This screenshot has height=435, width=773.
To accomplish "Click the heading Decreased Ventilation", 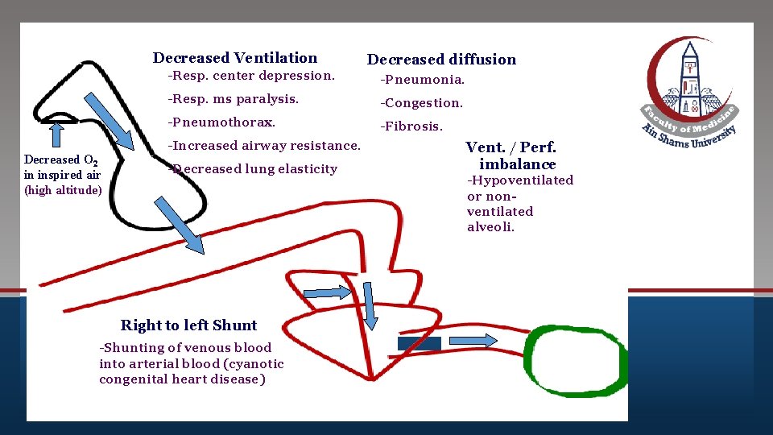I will (235, 57).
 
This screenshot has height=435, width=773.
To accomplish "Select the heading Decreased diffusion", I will (441, 59).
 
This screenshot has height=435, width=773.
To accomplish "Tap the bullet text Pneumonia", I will (423, 80).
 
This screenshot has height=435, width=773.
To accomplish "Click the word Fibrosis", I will (412, 126).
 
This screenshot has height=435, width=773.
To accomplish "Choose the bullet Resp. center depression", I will (250, 76).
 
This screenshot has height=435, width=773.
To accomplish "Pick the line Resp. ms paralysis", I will (233, 99).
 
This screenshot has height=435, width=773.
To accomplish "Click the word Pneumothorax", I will (221, 122).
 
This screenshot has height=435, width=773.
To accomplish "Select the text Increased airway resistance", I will (264, 146).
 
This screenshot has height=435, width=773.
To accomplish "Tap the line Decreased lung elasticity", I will (253, 169).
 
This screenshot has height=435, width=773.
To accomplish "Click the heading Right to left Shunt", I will (188, 325).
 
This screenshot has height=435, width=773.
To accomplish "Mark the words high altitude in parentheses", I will (63, 190).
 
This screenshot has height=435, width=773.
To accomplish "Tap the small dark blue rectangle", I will (420, 344).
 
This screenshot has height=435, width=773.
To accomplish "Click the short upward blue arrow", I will (56, 133).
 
